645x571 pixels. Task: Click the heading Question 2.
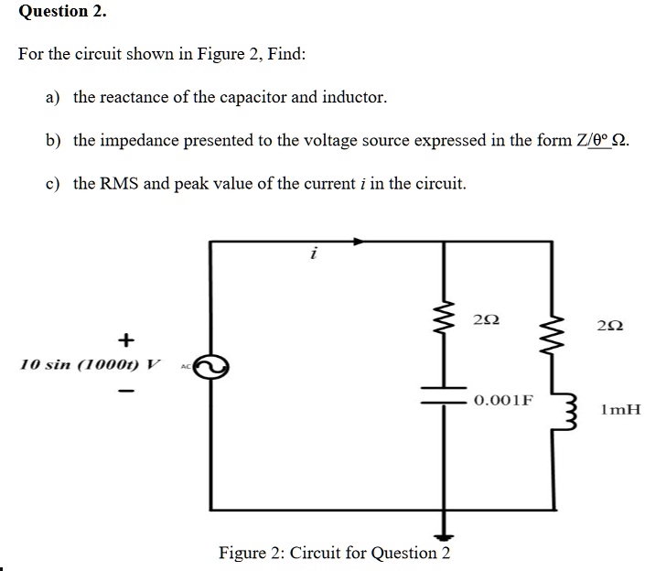[x=62, y=12]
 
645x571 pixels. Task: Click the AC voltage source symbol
[x=211, y=366]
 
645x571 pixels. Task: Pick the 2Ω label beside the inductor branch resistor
[x=610, y=325]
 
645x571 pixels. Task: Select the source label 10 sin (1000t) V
[x=88, y=364]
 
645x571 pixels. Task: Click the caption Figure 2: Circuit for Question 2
[x=334, y=553]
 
